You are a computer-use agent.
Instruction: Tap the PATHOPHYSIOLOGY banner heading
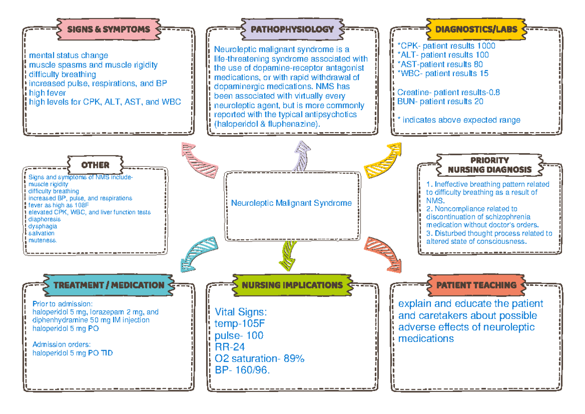click(x=292, y=29)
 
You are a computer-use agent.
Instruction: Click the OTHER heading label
click(x=95, y=165)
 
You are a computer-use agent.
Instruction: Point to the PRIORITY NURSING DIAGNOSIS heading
click(x=489, y=165)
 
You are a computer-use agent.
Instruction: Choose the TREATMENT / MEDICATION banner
click(x=109, y=285)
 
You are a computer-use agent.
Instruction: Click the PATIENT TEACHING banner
click(x=476, y=285)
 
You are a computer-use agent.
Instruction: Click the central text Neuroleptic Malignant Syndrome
click(x=292, y=203)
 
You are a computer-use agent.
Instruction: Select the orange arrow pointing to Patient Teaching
click(x=385, y=253)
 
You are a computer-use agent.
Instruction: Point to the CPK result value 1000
click(x=485, y=46)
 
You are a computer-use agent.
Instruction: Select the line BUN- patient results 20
click(x=440, y=101)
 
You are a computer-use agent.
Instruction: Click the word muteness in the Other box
click(x=43, y=240)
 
